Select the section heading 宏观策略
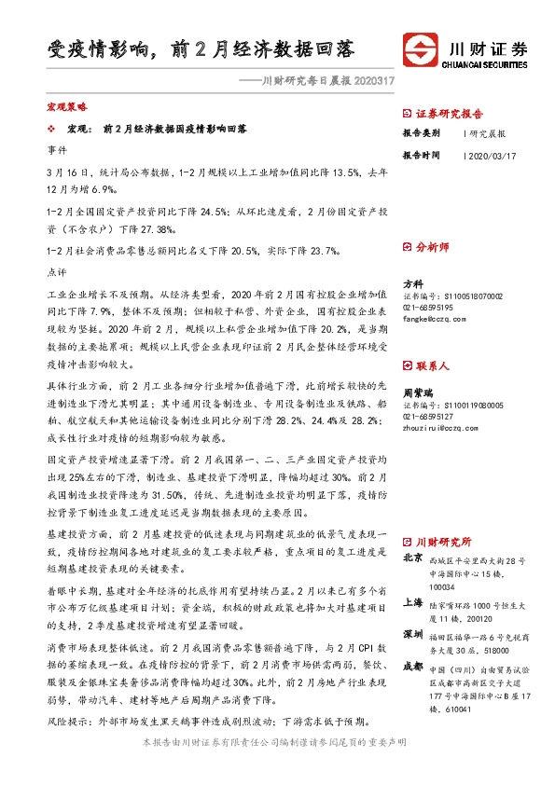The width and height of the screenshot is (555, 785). click(x=66, y=108)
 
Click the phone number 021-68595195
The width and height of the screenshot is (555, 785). click(x=428, y=307)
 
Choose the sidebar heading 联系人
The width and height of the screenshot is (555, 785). click(x=432, y=367)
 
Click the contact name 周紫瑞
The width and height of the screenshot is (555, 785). click(x=417, y=392)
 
